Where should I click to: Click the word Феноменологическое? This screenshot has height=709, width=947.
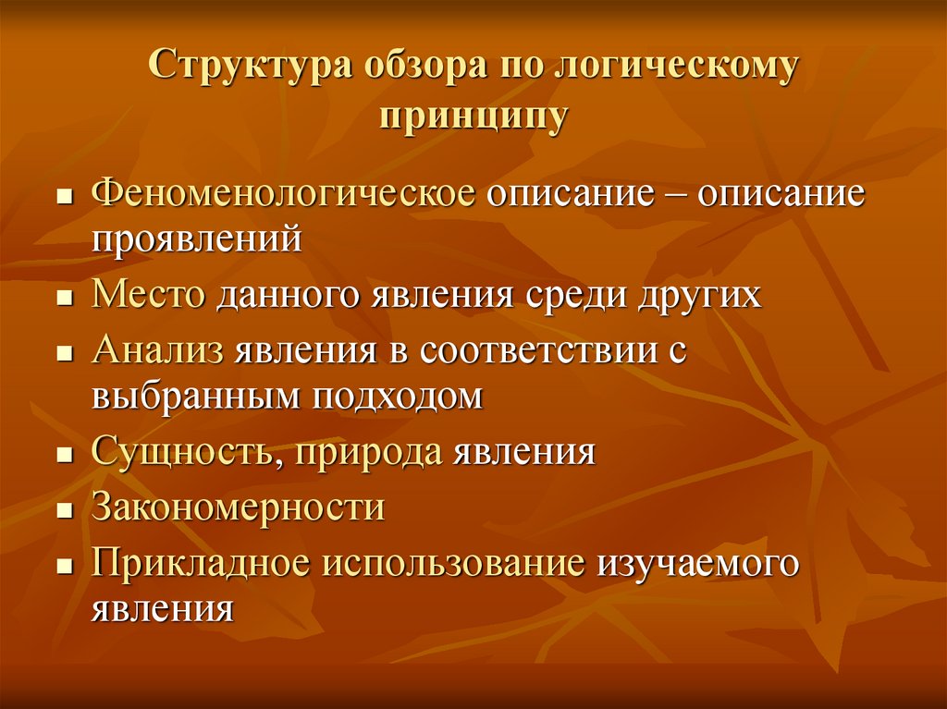pos(284,195)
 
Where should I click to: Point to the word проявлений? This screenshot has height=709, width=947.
pos(197,239)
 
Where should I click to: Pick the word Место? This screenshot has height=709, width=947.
pos(148,296)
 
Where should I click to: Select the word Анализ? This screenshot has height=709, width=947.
pos(158,352)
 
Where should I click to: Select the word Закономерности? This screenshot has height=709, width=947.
pos(238,508)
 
